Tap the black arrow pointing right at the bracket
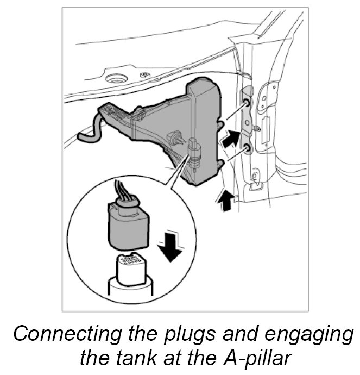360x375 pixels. point(230,139)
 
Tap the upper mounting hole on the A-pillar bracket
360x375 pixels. point(247,103)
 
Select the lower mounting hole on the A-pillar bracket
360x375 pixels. point(248,147)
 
